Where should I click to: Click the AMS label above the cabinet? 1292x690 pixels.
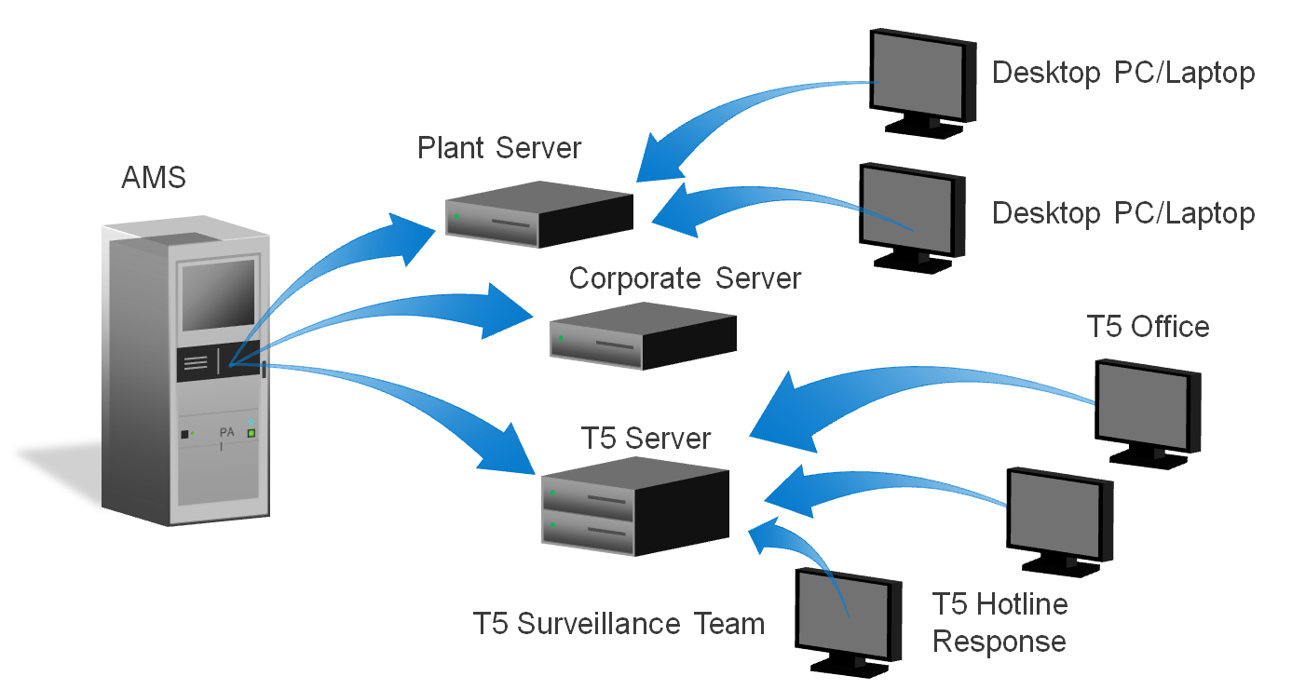[x=154, y=177]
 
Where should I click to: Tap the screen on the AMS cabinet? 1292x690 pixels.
[x=218, y=294]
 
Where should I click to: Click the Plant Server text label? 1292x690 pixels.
[x=499, y=148]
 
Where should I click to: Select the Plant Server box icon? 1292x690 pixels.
[x=538, y=214]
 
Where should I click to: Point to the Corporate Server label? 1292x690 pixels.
[x=685, y=277]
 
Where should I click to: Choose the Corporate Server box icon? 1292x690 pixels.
[x=643, y=335]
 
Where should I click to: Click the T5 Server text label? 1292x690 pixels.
[x=646, y=438]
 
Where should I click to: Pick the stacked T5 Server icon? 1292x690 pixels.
[x=635, y=512]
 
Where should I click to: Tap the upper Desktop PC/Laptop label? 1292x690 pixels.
[x=1123, y=73]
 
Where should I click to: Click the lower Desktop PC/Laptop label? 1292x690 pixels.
[x=1123, y=213]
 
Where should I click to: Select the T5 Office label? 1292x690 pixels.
[x=1149, y=327]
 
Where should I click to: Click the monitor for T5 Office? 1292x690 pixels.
[x=1146, y=410]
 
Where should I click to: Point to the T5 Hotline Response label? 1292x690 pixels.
[x=1000, y=622]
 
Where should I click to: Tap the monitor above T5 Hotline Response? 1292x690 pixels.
[x=1058, y=518]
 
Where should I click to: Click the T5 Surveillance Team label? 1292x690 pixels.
[x=619, y=623]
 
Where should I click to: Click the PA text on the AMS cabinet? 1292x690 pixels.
[x=226, y=433]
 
